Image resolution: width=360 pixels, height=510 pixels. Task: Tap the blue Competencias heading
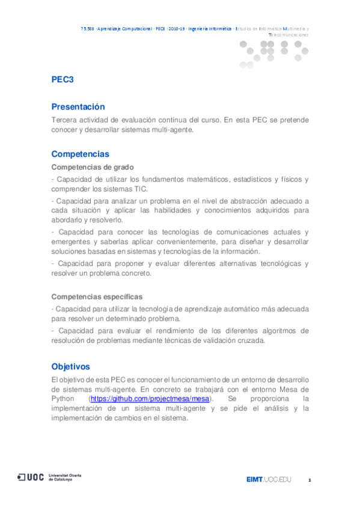pyautogui.click(x=81, y=154)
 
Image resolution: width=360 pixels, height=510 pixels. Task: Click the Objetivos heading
pyautogui.click(x=70, y=366)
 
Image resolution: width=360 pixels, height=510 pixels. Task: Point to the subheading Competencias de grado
pyautogui.click(x=93, y=167)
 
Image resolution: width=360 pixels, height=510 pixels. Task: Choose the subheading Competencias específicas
pyautogui.click(x=97, y=296)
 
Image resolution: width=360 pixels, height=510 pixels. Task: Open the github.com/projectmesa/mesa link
pyautogui.click(x=150, y=399)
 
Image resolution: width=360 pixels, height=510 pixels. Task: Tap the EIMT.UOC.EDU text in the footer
pyautogui.click(x=268, y=479)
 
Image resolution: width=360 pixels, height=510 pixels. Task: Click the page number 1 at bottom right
pyautogui.click(x=309, y=480)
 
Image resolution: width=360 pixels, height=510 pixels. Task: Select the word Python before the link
pyautogui.click(x=64, y=399)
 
